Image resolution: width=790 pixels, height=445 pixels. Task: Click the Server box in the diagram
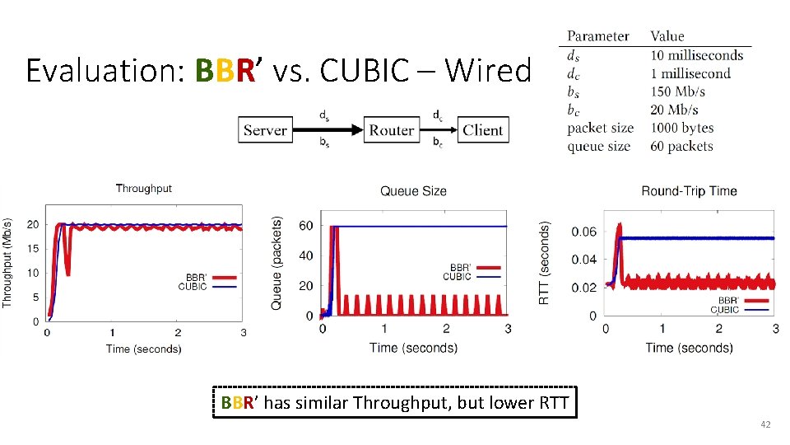point(265,130)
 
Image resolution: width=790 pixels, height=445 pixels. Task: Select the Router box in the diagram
point(391,130)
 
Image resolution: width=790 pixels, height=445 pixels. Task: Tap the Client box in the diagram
point(482,130)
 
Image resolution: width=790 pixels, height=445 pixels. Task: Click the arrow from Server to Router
point(328,130)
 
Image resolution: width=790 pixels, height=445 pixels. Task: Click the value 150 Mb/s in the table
point(677,91)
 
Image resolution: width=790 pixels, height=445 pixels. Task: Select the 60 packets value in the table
point(681,147)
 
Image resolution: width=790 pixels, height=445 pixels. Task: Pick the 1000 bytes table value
point(681,128)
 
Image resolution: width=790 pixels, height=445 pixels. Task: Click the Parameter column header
point(597,36)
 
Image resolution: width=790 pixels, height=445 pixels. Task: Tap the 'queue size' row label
point(598,147)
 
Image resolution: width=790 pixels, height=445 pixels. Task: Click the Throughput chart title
point(144,189)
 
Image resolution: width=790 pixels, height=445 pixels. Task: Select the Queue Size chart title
point(413,191)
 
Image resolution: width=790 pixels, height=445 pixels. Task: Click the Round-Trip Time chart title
point(689,191)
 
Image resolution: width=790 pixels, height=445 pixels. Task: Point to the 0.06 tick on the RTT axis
point(583,232)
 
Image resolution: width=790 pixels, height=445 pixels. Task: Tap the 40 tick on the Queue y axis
point(305,255)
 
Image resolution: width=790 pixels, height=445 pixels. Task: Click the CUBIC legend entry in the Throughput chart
point(193,287)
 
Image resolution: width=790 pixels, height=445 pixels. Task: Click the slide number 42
point(765,424)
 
